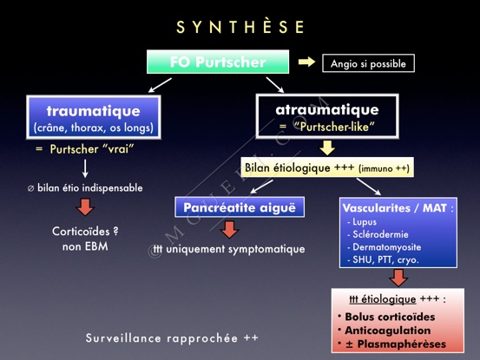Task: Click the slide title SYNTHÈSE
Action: [x=240, y=27]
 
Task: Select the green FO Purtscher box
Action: [x=218, y=62]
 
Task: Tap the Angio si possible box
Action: [x=368, y=63]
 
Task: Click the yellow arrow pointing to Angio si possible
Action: [x=306, y=62]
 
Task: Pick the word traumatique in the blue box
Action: [x=94, y=111]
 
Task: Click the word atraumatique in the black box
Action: [x=327, y=109]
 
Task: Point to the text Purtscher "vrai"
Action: [x=92, y=149]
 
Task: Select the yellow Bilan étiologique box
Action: [x=327, y=167]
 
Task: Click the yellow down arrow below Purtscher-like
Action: [x=327, y=148]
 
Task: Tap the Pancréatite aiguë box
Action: [x=240, y=207]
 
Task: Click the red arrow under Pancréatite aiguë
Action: [x=229, y=229]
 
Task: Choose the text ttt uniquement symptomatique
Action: [x=228, y=249]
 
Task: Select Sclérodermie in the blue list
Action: [x=378, y=234]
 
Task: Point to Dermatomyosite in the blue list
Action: [x=384, y=247]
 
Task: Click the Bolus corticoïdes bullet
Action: [x=386, y=317]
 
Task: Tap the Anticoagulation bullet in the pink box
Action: [x=385, y=331]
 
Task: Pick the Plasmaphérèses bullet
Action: [x=391, y=344]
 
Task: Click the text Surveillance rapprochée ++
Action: [x=172, y=338]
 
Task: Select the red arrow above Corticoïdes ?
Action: [x=85, y=207]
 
